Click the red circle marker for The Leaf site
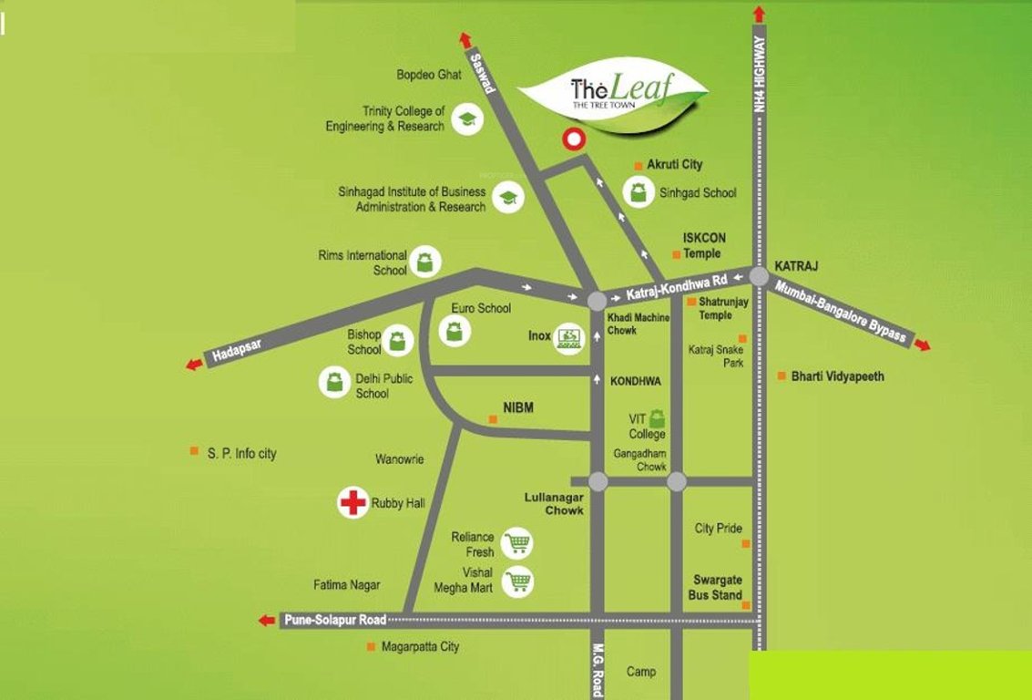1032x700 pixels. click(x=573, y=139)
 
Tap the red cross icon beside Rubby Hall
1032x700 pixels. click(x=353, y=502)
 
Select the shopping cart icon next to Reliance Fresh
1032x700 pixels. click(x=518, y=544)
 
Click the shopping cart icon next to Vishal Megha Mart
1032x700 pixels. click(x=518, y=581)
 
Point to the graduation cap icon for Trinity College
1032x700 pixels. click(x=467, y=119)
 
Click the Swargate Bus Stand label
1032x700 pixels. click(x=718, y=588)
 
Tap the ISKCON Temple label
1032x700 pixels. click(x=703, y=246)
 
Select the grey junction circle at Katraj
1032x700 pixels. click(x=759, y=275)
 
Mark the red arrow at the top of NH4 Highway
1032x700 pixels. click(x=759, y=14)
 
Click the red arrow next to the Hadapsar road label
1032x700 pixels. click(x=194, y=365)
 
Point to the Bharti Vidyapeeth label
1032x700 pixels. click(x=837, y=376)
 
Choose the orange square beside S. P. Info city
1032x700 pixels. click(x=194, y=451)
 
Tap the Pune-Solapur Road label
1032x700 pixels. click(x=333, y=620)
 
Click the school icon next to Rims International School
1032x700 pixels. click(x=424, y=262)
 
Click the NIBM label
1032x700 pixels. click(x=517, y=409)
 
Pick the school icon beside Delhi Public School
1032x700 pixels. click(x=335, y=381)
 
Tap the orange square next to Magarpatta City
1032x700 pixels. click(x=371, y=646)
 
